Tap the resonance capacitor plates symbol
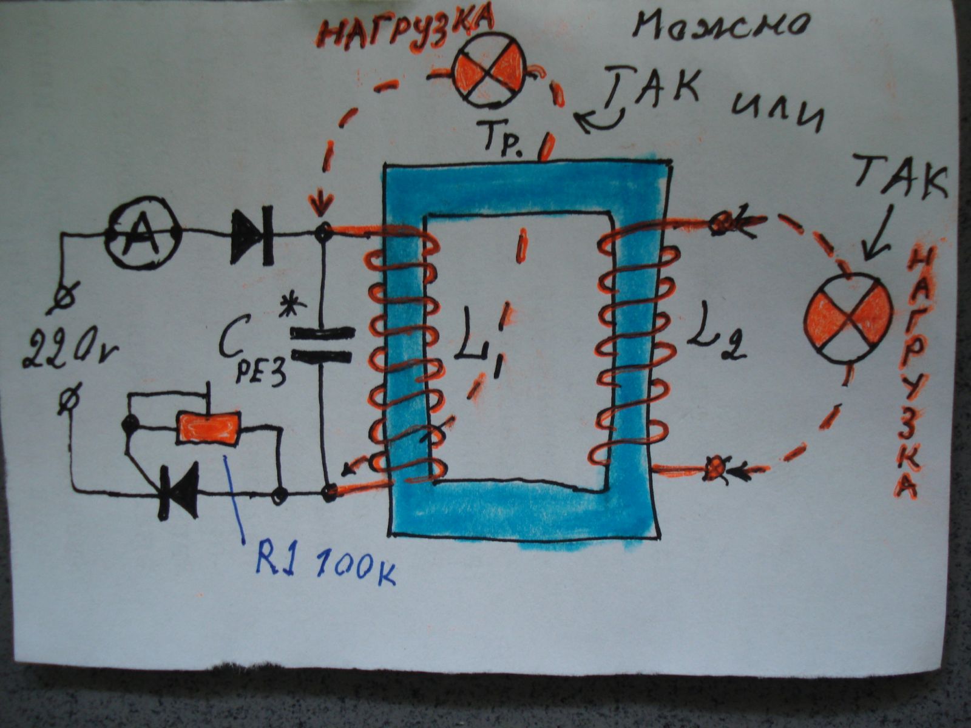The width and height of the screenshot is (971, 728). click(322, 345)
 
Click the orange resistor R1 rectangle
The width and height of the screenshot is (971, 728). click(208, 428)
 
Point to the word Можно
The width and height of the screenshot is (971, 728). click(721, 27)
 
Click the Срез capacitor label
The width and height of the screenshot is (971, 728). click(252, 357)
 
